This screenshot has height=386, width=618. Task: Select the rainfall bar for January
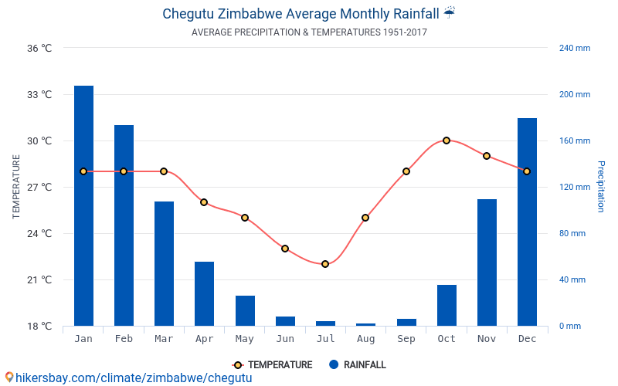pos(83,205)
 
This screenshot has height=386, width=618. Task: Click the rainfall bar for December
pos(527,222)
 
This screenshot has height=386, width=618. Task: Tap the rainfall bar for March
pos(164,263)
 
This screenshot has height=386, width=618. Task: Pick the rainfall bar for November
pos(487,262)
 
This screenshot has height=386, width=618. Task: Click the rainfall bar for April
pos(204,293)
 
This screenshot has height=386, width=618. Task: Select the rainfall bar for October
pos(447,305)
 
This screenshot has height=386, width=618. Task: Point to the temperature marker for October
pos(447,141)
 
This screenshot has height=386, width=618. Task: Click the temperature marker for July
pos(325,264)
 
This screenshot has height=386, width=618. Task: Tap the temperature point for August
pos(365,218)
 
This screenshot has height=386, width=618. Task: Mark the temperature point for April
pos(204,202)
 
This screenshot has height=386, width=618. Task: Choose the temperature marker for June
pos(285,249)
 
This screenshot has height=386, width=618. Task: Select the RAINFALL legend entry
pos(357,365)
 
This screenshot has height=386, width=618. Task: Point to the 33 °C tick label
pos(39,95)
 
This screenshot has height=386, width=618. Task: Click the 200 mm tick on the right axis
pos(574,95)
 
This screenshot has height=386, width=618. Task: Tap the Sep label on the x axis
pos(406,339)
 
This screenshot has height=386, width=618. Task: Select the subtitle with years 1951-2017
pos(309,32)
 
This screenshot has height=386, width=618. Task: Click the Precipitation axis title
pos(602,187)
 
